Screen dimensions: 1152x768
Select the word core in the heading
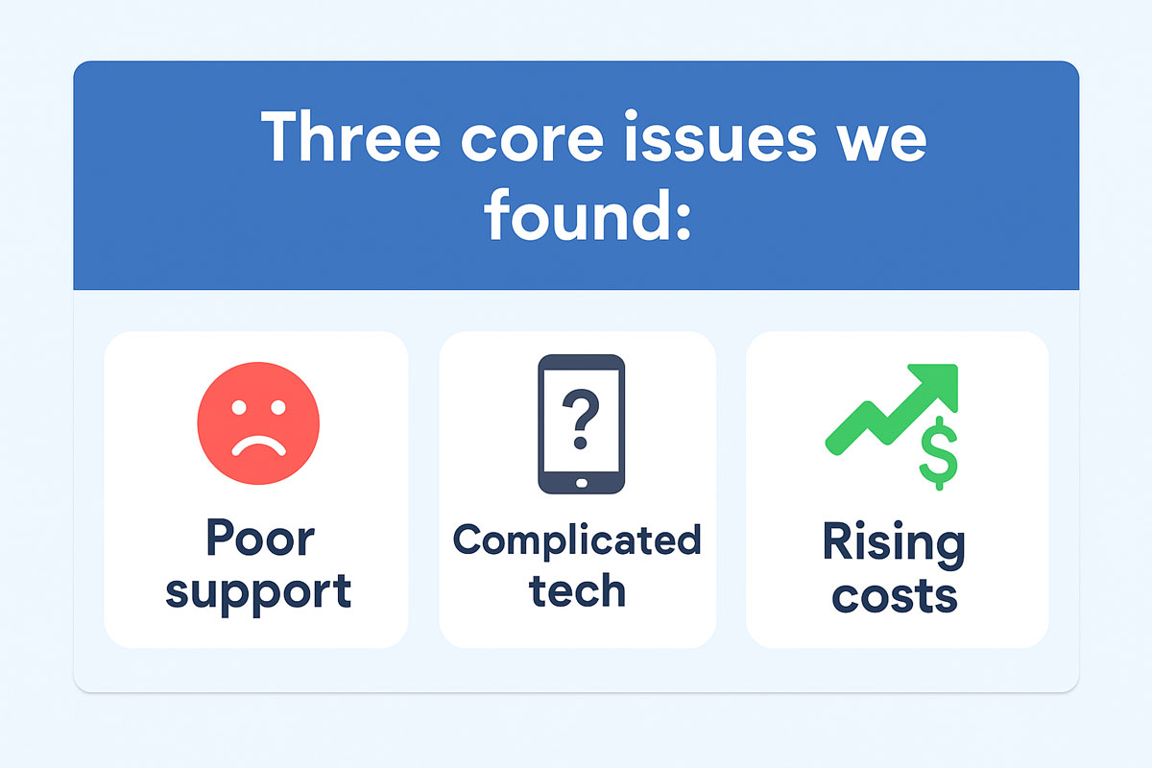click(x=532, y=140)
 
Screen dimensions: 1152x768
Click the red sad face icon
click(x=258, y=423)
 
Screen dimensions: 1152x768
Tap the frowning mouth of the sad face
click(x=258, y=446)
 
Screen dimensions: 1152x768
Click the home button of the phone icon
click(x=582, y=483)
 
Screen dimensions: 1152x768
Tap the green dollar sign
click(x=939, y=453)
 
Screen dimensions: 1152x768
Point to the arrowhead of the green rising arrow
click(x=936, y=386)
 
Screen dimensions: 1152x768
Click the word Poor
click(x=260, y=538)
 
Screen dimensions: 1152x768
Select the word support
click(x=258, y=593)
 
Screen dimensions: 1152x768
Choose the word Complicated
click(x=577, y=540)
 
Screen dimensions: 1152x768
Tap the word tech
click(x=577, y=590)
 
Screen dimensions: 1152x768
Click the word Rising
click(x=894, y=544)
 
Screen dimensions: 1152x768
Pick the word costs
click(x=895, y=595)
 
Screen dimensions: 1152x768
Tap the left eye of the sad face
click(x=239, y=407)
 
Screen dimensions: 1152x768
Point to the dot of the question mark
click(x=581, y=443)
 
